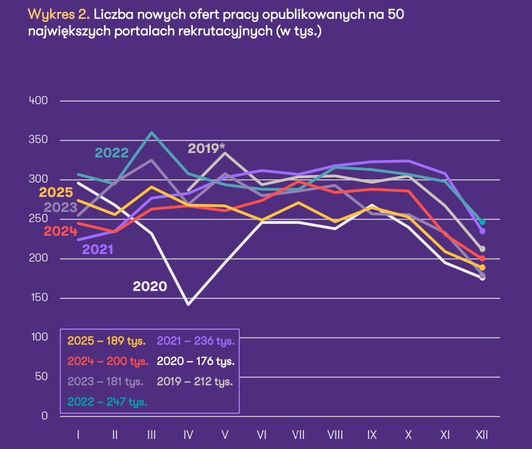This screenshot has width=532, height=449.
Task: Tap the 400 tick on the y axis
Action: click(x=39, y=100)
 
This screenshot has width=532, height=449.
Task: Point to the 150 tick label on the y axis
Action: click(x=39, y=298)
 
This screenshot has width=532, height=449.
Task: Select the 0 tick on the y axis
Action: click(x=44, y=416)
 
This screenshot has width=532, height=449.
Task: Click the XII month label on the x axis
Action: click(x=482, y=434)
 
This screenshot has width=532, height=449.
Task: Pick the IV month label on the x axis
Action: click(x=188, y=434)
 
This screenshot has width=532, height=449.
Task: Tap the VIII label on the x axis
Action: click(x=335, y=434)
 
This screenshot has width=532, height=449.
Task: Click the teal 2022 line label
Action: click(x=111, y=153)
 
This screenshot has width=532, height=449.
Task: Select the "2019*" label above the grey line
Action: click(x=207, y=149)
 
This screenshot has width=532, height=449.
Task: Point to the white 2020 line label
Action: click(x=150, y=287)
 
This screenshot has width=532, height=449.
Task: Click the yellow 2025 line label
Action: click(x=56, y=193)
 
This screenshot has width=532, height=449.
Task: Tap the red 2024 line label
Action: click(x=61, y=231)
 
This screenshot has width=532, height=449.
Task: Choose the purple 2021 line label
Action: click(x=98, y=249)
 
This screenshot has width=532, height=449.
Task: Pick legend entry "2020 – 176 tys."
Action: click(x=195, y=361)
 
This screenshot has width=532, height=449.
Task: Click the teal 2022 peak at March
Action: click(x=151, y=133)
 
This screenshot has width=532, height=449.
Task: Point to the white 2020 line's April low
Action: click(x=188, y=304)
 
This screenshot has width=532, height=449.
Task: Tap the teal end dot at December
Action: click(x=482, y=222)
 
